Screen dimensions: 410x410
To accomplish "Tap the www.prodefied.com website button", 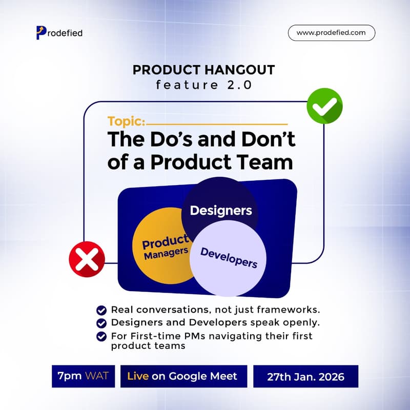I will [332, 33].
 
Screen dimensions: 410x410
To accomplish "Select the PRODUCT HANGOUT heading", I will [204, 70].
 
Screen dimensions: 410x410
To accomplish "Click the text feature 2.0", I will [204, 86].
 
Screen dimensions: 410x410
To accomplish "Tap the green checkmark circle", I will [324, 106].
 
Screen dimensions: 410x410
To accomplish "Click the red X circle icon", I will [87, 256].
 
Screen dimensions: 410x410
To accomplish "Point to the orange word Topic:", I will [126, 122].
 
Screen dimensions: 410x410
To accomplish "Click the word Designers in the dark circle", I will [220, 210].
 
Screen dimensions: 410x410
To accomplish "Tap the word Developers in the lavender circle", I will [229, 257].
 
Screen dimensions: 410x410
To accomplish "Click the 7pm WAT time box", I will [83, 376].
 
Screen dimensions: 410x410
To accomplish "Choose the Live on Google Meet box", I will [183, 376].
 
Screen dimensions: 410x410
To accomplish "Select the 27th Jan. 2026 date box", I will [305, 377].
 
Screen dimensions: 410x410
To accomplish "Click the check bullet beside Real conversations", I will [101, 310].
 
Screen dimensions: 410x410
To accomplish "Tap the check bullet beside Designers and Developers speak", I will [101, 323].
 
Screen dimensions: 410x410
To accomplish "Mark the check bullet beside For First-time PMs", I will [101, 336].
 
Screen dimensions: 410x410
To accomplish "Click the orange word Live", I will [138, 376].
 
